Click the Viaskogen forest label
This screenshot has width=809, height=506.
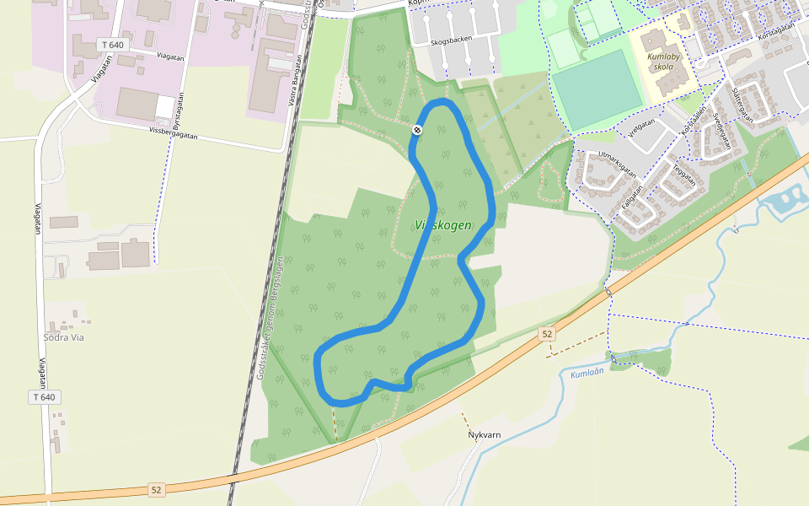(442, 225)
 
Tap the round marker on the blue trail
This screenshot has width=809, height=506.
(417, 129)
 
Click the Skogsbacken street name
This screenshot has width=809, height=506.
(451, 39)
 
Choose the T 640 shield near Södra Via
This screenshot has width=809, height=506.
(45, 396)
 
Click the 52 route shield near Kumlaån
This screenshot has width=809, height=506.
(548, 334)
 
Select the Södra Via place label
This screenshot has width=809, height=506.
(63, 337)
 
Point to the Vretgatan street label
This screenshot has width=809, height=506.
(642, 125)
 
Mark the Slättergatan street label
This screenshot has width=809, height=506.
(742, 105)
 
